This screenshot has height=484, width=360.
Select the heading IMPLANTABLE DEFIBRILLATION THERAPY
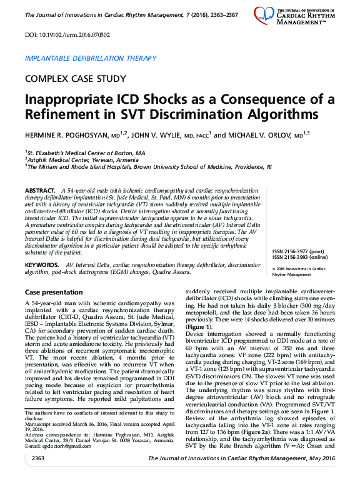pyautogui.click(x=90, y=58)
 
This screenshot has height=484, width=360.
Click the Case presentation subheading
pyautogui.click(x=53, y=293)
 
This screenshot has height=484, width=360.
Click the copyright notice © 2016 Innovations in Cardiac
pyautogui.click(x=300, y=268)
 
